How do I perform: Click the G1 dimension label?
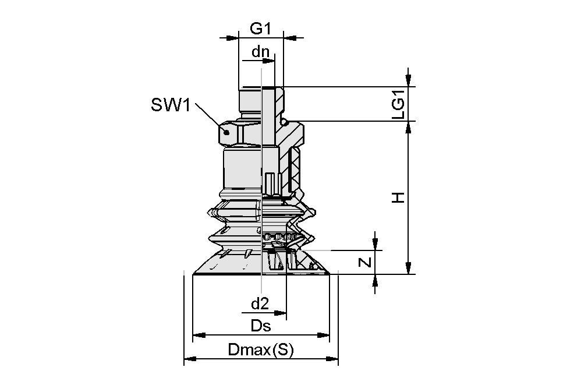(260, 28)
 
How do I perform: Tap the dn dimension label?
(260, 52)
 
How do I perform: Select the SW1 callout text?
(171, 105)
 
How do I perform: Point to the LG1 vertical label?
(398, 104)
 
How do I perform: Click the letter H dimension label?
(398, 198)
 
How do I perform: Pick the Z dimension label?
(365, 263)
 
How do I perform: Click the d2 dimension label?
(259, 303)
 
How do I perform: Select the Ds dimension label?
(261, 326)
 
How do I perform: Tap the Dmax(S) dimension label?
(261, 350)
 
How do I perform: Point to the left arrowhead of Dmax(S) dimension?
(188, 359)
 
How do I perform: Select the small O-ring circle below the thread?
(284, 122)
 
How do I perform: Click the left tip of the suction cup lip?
(193, 273)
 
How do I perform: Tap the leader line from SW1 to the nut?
(208, 115)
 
